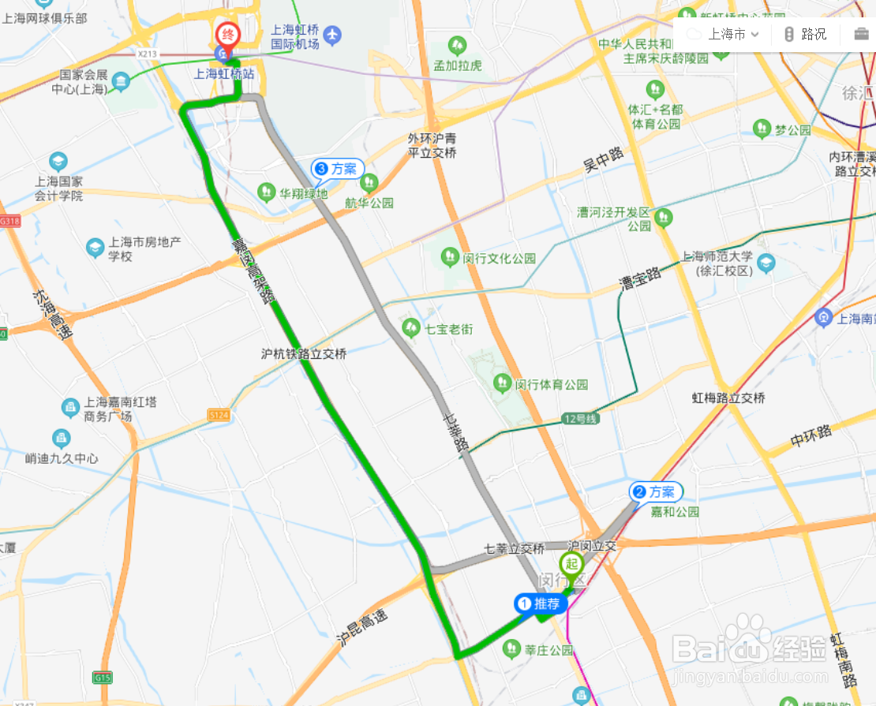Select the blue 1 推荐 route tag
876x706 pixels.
541,604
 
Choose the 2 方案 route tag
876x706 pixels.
655,492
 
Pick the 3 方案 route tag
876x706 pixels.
337,168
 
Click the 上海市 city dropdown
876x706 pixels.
724,34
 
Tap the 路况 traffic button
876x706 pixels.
805,34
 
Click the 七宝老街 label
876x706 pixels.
448,328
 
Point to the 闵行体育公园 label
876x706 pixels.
552,385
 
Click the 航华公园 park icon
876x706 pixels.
369,184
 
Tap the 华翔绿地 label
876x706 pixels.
303,192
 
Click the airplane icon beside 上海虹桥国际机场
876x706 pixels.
333,35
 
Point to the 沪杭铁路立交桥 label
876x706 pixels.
304,355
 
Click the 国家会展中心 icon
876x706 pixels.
121,80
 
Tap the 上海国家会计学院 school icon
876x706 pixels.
58,162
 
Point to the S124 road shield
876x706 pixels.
219,414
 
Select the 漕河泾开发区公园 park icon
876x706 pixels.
663,216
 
